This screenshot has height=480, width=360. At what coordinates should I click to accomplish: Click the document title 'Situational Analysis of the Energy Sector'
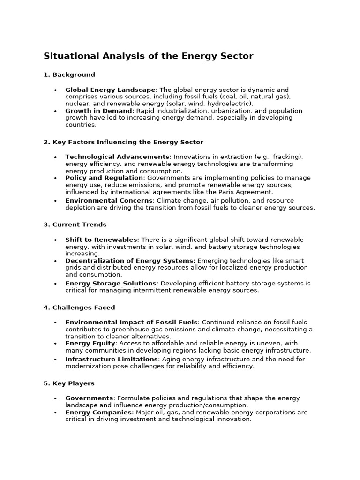click(148, 56)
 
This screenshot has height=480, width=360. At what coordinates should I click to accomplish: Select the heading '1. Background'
click(69, 75)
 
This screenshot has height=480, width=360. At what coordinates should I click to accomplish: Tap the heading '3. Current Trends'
click(75, 225)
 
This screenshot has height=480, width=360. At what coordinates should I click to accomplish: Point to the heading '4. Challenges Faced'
click(79, 307)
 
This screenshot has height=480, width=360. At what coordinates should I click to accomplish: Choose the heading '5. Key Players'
click(69, 383)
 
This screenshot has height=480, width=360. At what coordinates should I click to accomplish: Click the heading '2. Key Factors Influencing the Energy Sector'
click(123, 142)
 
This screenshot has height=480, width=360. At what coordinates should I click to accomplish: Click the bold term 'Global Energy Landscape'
click(110, 90)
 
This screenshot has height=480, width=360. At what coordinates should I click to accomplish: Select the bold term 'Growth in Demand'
click(98, 111)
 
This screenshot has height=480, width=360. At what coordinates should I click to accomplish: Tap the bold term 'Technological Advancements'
click(117, 157)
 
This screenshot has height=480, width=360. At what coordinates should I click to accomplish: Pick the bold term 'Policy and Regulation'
click(104, 178)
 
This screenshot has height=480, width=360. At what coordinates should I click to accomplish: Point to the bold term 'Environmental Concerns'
click(109, 201)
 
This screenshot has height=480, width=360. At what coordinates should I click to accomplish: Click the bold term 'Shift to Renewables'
click(101, 240)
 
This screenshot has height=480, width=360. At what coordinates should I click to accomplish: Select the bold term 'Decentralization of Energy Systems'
click(129, 261)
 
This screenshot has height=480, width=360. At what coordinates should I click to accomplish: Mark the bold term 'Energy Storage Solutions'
click(111, 284)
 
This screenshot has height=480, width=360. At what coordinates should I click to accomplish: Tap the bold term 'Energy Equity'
click(90, 343)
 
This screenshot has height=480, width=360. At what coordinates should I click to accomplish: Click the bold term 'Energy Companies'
click(98, 412)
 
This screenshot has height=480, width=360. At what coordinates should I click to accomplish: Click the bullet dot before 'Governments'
click(55, 398)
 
